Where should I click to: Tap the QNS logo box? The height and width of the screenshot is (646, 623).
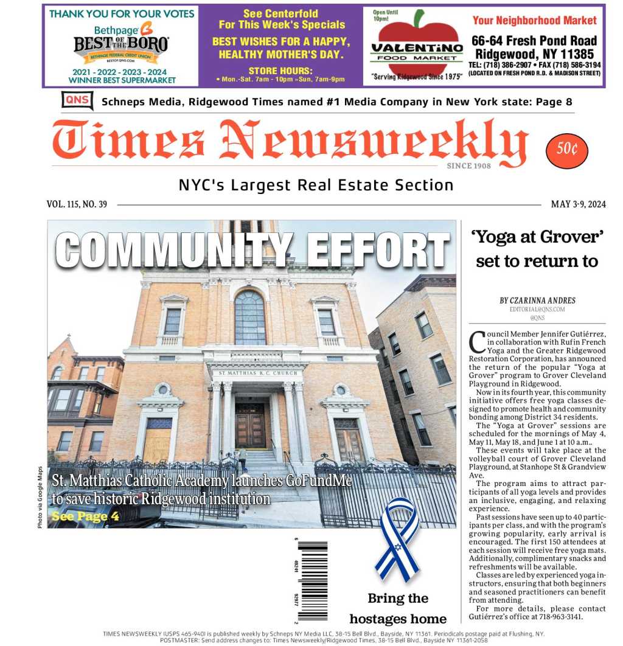point(77,100)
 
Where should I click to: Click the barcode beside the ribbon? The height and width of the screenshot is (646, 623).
point(313,580)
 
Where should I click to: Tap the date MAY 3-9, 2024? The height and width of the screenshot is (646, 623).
point(578,204)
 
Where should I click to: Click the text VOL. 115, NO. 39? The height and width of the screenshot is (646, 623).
point(77,204)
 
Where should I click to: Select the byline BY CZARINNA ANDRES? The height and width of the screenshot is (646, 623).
point(537,300)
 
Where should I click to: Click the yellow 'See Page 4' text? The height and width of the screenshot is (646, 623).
point(85,516)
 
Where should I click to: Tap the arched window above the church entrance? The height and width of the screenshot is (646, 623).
point(249,318)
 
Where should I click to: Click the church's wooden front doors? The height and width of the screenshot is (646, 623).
point(250,426)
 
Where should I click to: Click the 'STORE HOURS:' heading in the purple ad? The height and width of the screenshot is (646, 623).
point(280,71)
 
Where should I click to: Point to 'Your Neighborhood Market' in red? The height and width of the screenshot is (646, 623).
point(534,21)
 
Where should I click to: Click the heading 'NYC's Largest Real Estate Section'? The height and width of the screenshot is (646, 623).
point(316,185)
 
